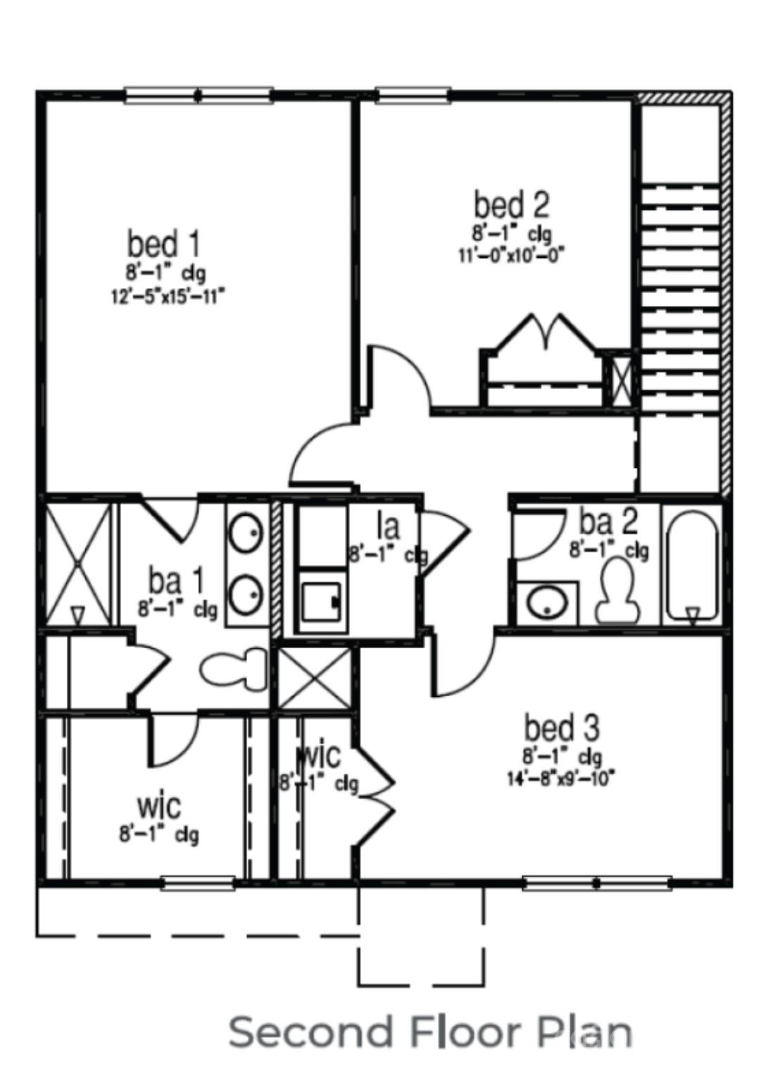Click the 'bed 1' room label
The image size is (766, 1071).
click(163, 244)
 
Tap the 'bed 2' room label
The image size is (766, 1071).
click(510, 205)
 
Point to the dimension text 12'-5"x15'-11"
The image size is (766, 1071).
click(168, 296)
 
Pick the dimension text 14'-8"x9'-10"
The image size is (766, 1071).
click(561, 779)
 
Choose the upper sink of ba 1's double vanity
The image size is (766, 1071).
click(246, 533)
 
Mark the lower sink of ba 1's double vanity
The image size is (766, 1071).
click(246, 594)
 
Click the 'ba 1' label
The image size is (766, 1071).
click(175, 582)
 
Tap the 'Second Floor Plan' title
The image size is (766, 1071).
click(430, 1032)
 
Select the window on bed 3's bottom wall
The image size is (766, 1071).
click(596, 882)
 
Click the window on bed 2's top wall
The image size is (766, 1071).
click(413, 95)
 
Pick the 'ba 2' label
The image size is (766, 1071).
click(608, 522)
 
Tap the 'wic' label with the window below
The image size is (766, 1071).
click(158, 805)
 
